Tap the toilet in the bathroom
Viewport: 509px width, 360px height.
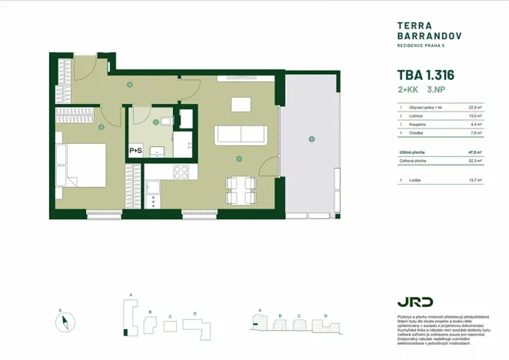tap(167, 122)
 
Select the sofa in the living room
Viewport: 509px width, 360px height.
tap(241, 134)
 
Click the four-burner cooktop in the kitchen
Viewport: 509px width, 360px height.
tap(182, 172)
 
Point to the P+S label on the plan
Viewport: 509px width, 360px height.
tap(137, 151)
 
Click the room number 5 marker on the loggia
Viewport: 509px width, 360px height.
tap(311, 139)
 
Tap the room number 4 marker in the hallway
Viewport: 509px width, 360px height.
tap(130, 85)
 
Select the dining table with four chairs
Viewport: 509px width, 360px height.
tap(240, 189)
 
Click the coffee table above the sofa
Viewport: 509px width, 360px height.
tap(241, 104)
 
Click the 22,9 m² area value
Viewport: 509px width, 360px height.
tap(474, 108)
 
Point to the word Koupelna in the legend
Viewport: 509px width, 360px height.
tap(418, 123)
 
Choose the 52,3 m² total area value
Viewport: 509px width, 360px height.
tap(474, 162)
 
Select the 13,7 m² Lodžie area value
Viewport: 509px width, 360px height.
tap(474, 180)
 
